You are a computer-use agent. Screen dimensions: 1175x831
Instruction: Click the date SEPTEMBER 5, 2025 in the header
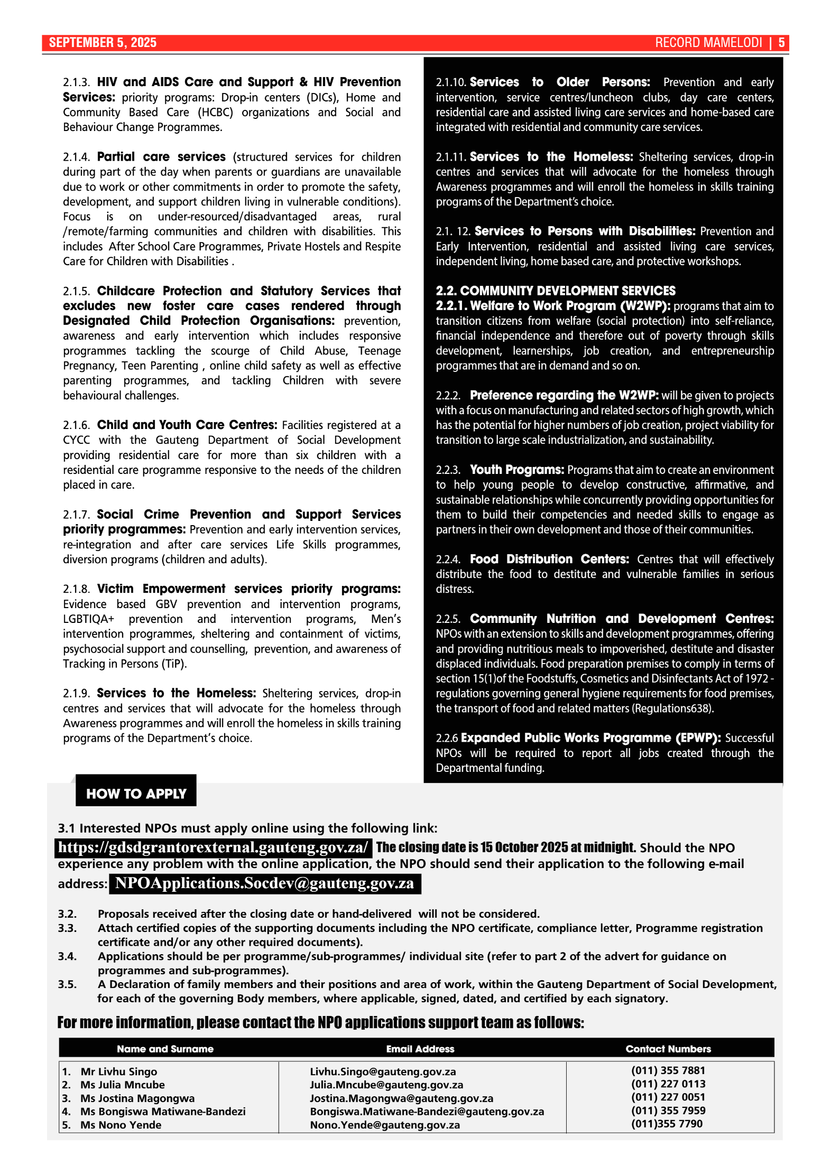[x=103, y=43]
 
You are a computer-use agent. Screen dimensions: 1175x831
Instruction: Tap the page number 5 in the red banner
[x=781, y=43]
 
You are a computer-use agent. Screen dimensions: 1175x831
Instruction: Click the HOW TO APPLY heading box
[x=136, y=793]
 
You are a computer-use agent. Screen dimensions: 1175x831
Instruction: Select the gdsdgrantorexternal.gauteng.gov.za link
[x=213, y=847]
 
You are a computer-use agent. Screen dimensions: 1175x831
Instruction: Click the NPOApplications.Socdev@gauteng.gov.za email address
[x=264, y=883]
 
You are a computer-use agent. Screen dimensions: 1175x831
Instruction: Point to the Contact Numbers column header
[x=668, y=1049]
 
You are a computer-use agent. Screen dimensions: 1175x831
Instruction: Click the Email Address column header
[x=420, y=1049]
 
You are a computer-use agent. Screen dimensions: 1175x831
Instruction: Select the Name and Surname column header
[x=165, y=1049]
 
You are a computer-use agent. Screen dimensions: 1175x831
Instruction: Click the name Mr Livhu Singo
[x=118, y=1071]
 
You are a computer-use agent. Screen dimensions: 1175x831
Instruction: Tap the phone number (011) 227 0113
[x=668, y=1084]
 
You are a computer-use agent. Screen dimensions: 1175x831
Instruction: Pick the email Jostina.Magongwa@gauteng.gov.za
[x=401, y=1098]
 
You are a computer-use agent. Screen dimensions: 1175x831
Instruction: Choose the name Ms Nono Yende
[x=121, y=1125]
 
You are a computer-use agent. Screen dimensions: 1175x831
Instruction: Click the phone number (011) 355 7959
[x=668, y=1111]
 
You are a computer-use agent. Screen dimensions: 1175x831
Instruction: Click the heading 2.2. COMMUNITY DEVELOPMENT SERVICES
[x=556, y=291]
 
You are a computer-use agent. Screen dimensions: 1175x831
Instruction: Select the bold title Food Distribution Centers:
[x=549, y=559]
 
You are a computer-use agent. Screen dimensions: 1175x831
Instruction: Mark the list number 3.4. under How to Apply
[x=67, y=956]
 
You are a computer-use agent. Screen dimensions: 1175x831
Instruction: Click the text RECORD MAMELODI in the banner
[x=708, y=43]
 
